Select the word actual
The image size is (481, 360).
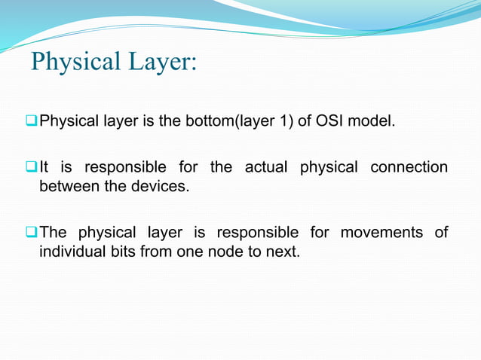pos(266,167)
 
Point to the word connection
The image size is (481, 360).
pos(409,167)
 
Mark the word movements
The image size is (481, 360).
pos(381,233)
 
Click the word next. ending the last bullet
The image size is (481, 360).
pos(282,251)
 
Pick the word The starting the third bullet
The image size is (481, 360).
pos(54,233)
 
